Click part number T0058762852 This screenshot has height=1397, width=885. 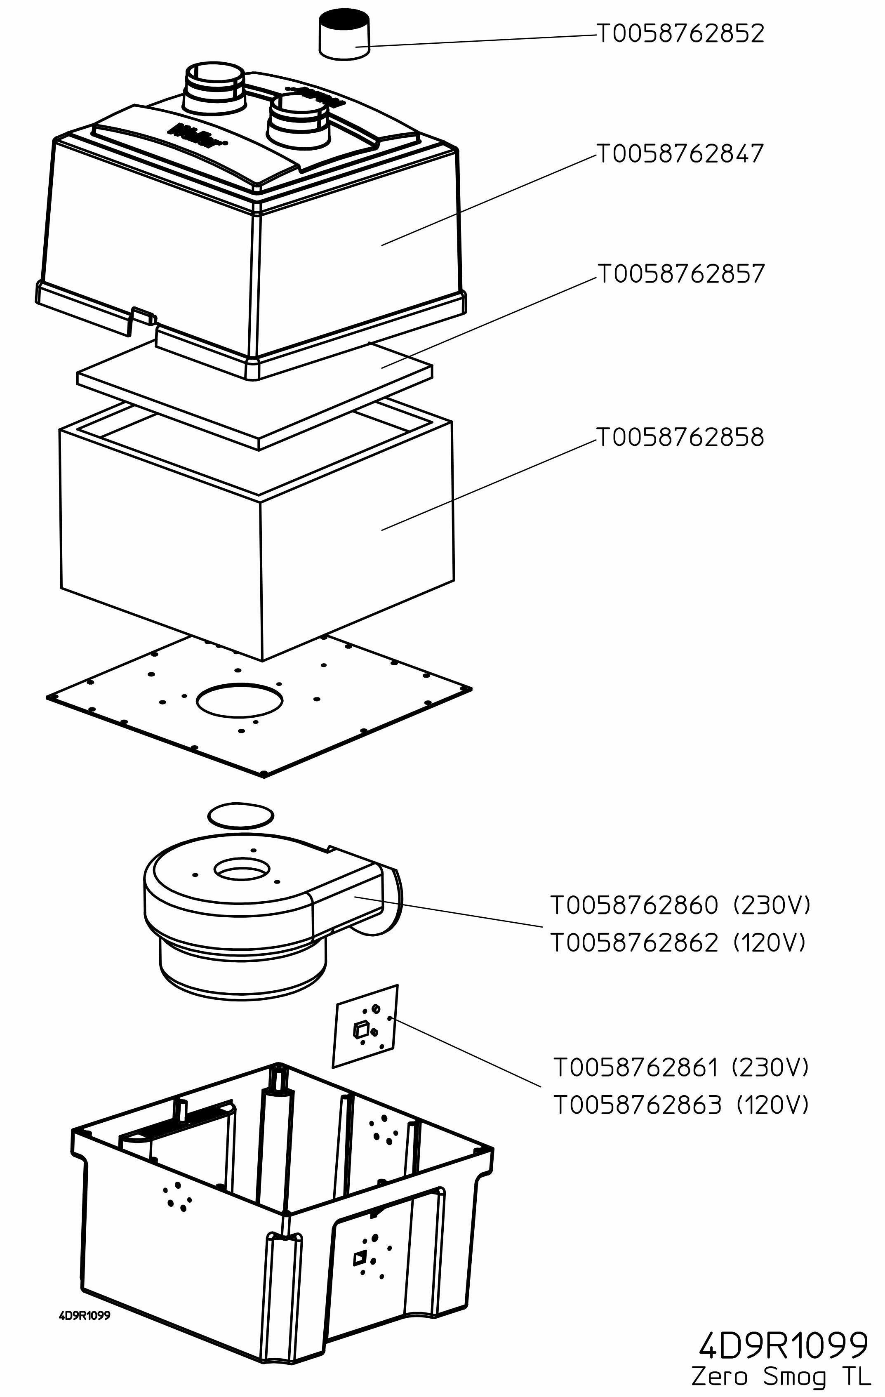(680, 34)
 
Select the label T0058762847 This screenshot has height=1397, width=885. (680, 154)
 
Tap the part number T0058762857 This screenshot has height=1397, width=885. (681, 274)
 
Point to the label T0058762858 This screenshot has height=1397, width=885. (680, 438)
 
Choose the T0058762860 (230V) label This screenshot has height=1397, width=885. (679, 905)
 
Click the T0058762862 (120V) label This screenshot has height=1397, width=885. (678, 943)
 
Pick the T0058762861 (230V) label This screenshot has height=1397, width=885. (680, 1067)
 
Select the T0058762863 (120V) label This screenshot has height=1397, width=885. (681, 1105)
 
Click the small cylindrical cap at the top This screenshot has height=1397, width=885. (344, 34)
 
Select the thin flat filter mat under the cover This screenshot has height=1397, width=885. (255, 394)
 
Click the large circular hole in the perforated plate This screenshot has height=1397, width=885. (240, 700)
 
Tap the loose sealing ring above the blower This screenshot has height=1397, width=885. (241, 815)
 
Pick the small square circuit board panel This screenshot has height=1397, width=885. (365, 1027)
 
